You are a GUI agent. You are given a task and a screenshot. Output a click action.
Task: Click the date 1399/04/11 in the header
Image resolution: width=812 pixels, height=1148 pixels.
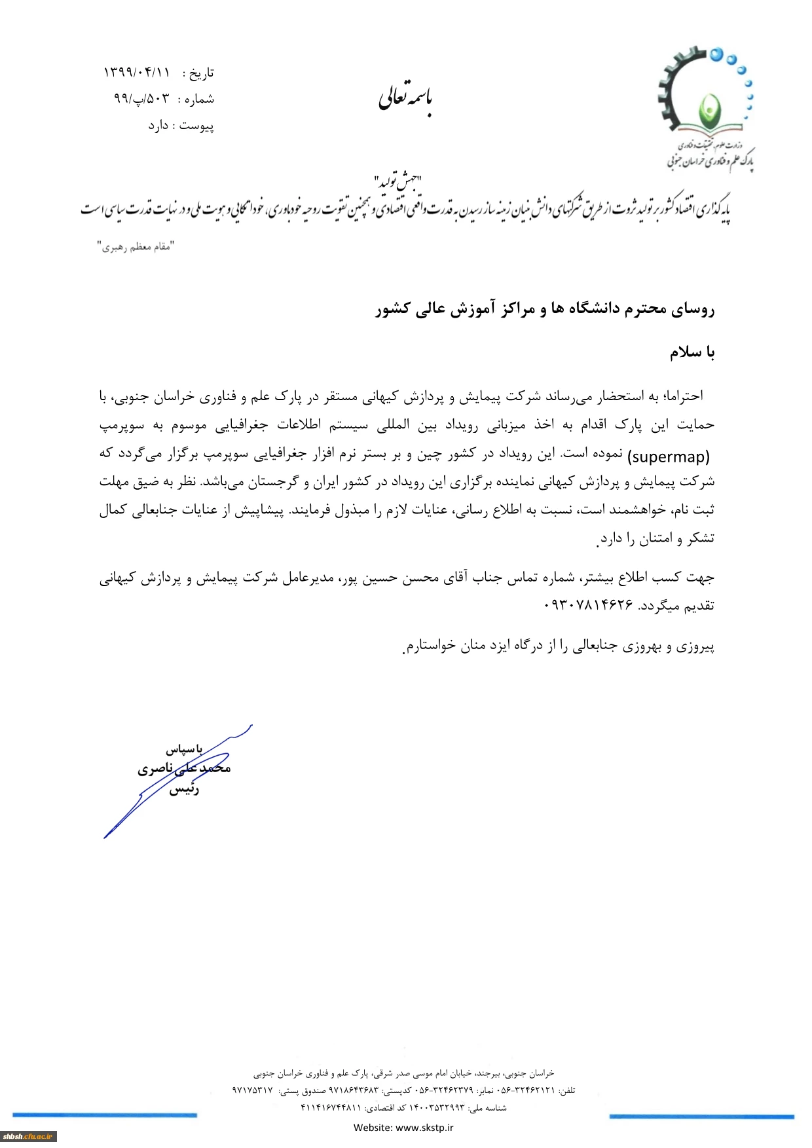[x=136, y=72]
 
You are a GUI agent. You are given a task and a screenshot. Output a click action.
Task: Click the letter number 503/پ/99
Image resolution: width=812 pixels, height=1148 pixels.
[x=141, y=99]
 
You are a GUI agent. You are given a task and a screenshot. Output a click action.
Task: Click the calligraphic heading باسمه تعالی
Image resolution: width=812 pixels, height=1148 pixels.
[x=405, y=98]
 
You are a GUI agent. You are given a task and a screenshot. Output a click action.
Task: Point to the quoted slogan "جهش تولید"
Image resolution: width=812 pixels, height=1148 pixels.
[x=397, y=181]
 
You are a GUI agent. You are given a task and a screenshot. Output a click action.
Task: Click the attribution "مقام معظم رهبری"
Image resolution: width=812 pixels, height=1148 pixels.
[x=136, y=247]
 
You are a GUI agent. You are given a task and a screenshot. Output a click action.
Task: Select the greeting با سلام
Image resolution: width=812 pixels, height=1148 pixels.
[x=692, y=352]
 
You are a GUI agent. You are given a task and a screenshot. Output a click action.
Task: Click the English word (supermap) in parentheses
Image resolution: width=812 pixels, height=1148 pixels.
[x=669, y=456]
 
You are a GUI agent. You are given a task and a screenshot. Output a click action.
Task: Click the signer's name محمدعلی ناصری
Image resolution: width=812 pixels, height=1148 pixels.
[x=184, y=768]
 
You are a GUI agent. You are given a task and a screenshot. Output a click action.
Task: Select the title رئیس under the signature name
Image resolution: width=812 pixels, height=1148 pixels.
[x=184, y=789]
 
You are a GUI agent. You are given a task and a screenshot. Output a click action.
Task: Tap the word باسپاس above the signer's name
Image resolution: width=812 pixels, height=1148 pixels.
[x=184, y=749]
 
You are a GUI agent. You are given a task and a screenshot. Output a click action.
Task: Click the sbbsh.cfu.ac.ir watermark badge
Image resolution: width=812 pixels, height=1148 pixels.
[x=28, y=1136]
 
